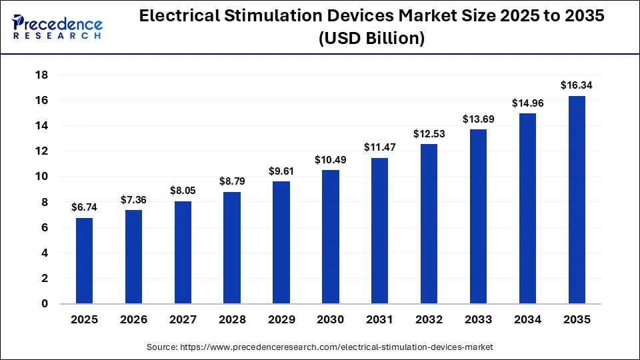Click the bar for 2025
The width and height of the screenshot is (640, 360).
[x=84, y=261]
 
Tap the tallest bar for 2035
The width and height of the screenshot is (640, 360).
[x=577, y=200]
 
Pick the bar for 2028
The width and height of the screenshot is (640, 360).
[x=232, y=248]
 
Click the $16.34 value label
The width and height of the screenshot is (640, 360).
[x=577, y=85]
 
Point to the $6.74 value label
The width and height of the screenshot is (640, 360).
[x=84, y=207]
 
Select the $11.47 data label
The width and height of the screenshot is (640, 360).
[x=379, y=147]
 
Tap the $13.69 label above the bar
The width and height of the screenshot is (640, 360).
[x=478, y=119]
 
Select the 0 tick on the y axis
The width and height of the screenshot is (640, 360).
[x=44, y=304]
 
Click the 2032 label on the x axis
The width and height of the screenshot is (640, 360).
[x=429, y=320]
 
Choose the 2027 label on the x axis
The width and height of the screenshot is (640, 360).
[x=183, y=320]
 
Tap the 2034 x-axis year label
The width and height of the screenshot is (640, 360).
[x=527, y=320]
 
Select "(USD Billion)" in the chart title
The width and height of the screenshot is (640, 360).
[x=371, y=39]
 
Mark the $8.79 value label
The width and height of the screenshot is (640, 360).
[x=232, y=181]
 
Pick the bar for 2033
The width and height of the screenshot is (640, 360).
[x=478, y=217]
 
